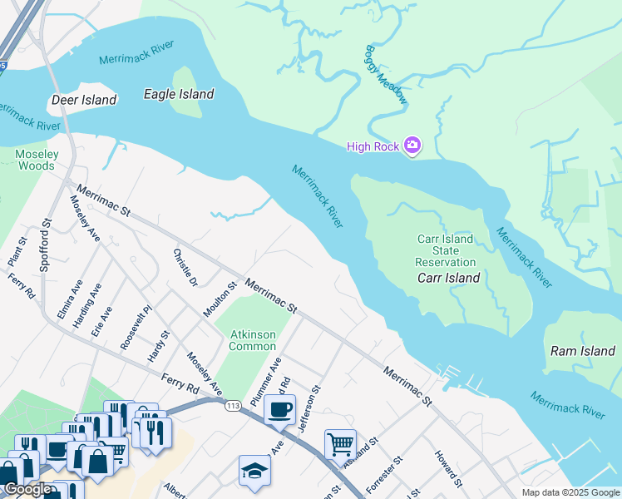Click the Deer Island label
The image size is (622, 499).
(x=84, y=100)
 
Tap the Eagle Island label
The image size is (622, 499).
(x=179, y=94)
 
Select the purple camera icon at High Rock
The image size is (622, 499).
(x=412, y=146)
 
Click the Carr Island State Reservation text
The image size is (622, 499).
(x=445, y=250)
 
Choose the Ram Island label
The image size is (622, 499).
(x=583, y=351)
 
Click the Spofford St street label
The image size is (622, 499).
(x=46, y=246)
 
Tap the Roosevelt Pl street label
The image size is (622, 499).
(x=136, y=327)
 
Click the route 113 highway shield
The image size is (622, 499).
(x=233, y=404)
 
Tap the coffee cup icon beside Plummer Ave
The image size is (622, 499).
(x=279, y=409)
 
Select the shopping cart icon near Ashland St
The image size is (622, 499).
(x=340, y=444)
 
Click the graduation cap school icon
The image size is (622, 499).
(x=254, y=470)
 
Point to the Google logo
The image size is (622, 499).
(x=27, y=490)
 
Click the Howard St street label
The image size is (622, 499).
(x=447, y=468)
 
